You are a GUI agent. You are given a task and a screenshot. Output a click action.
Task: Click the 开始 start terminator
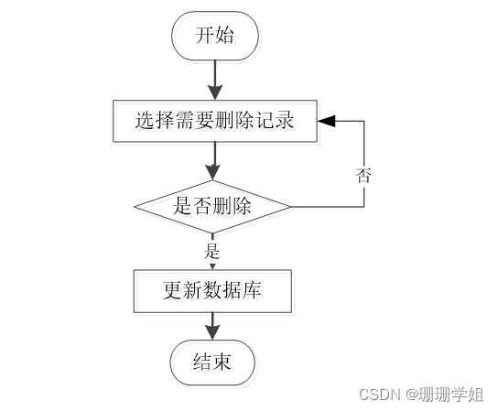tap(214, 37)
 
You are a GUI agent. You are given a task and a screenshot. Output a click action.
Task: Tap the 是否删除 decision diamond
tap(212, 206)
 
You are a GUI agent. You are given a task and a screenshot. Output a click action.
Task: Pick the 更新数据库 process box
tap(212, 291)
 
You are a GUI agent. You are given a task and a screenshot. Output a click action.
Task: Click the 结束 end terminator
tap(212, 362)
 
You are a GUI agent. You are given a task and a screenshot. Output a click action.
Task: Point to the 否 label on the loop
tap(363, 175)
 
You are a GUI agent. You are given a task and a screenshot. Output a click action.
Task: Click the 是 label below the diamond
tap(212, 250)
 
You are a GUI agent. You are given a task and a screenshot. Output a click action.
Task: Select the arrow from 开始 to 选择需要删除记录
tap(214, 80)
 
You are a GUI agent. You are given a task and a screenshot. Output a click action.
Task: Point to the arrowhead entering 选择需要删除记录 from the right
tap(327, 120)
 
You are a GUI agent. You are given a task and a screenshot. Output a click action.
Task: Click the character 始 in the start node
tap(224, 37)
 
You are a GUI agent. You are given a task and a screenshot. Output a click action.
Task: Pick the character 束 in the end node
tap(222, 362)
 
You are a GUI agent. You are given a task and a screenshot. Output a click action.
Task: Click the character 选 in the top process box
tap(144, 120)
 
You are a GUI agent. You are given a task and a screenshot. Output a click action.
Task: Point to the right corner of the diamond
tap(290, 206)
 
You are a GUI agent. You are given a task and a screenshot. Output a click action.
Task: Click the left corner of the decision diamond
tap(135, 206)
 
